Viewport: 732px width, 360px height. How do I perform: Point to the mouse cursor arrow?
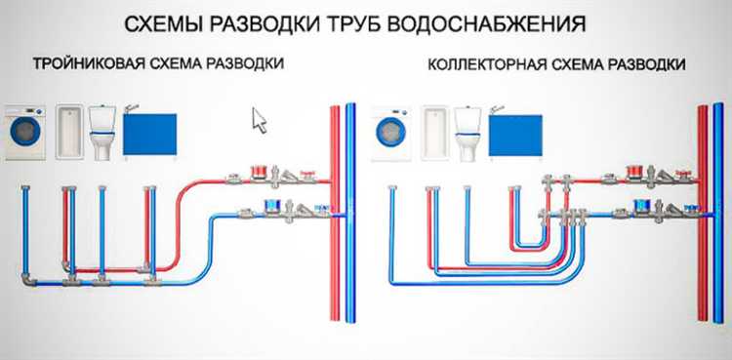[260, 120]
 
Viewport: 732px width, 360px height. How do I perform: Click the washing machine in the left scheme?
[27, 133]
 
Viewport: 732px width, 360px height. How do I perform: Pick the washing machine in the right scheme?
[396, 134]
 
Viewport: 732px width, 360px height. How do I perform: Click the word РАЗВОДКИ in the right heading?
[637, 65]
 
